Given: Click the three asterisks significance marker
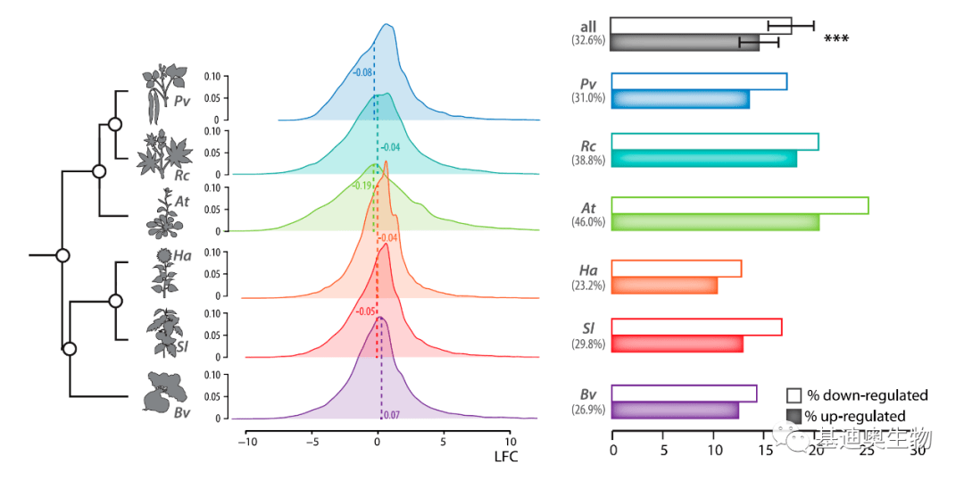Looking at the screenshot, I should (836, 39).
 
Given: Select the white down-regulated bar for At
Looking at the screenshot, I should (739, 205).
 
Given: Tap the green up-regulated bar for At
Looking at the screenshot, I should (715, 222).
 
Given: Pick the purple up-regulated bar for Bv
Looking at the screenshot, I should (675, 411).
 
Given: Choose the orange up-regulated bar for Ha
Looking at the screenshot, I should (664, 285).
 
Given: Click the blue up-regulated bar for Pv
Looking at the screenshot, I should (680, 99).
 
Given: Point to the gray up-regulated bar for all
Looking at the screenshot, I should (685, 43).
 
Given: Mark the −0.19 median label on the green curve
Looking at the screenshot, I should (362, 186).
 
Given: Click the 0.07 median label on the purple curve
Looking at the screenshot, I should (391, 415).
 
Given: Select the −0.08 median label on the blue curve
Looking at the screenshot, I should (361, 71).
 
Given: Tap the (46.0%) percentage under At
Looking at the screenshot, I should (588, 222).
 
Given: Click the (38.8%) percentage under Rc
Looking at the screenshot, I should (588, 160).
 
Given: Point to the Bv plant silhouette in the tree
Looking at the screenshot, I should (167, 394).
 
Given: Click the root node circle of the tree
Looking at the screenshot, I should (62, 255).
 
